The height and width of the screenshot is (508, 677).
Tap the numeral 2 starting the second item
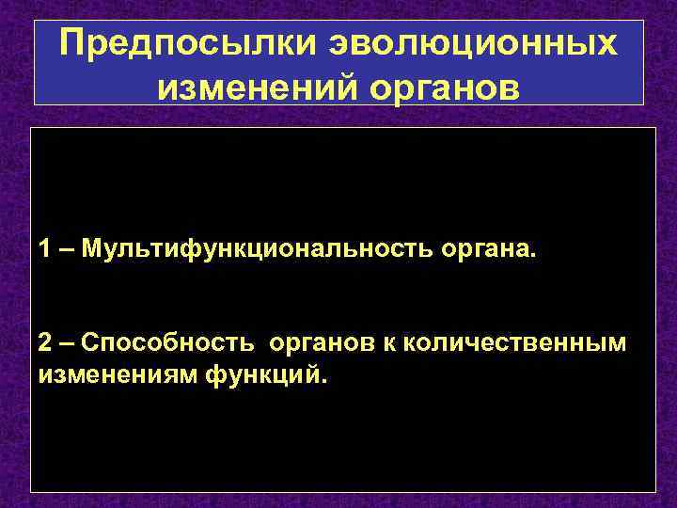[x=45, y=343]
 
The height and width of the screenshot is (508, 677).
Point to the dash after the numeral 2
[x=66, y=343]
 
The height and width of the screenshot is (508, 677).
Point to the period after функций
[x=327, y=383]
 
